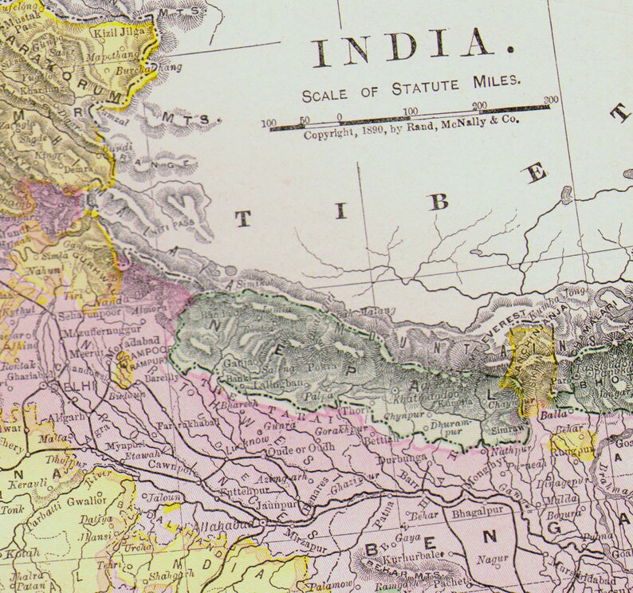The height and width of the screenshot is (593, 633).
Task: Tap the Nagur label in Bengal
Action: click(x=486, y=560)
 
